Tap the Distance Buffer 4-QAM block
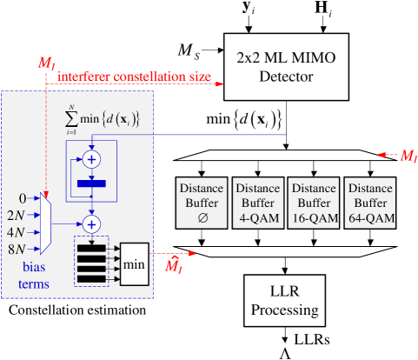[257, 201]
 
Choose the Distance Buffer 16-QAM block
[313, 201]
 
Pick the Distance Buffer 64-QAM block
[369, 201]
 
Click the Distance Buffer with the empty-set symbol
[202, 201]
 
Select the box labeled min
[135, 262]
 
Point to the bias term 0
[23, 199]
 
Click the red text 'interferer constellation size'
[136, 77]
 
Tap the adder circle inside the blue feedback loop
[90, 160]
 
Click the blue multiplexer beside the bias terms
[47, 223]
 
